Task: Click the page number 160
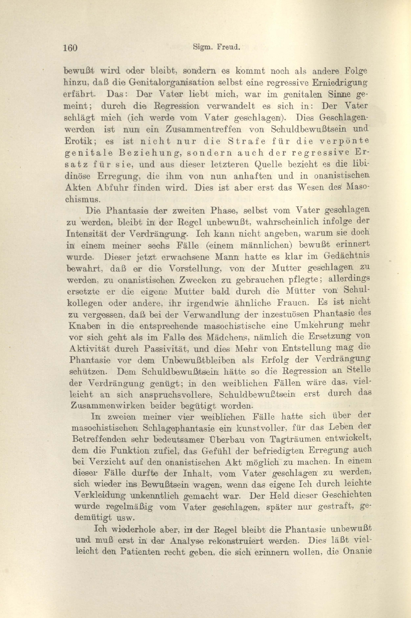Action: coord(70,48)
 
